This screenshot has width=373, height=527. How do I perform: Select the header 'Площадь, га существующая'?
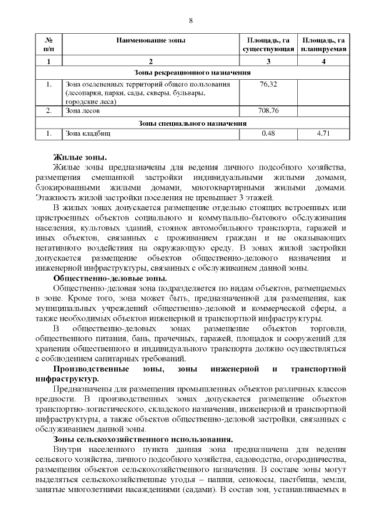(x=268, y=45)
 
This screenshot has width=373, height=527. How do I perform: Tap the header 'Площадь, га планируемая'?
(x=323, y=45)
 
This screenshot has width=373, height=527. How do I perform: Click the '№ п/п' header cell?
(x=48, y=45)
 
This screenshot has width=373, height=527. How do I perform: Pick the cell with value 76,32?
(x=268, y=84)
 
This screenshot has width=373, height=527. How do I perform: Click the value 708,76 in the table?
(x=268, y=110)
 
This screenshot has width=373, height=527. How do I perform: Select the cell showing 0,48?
(x=268, y=133)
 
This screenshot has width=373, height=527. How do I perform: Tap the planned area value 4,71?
(x=323, y=133)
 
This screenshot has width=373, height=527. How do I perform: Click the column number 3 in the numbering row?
(x=268, y=61)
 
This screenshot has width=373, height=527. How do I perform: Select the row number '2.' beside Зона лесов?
(x=49, y=110)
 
